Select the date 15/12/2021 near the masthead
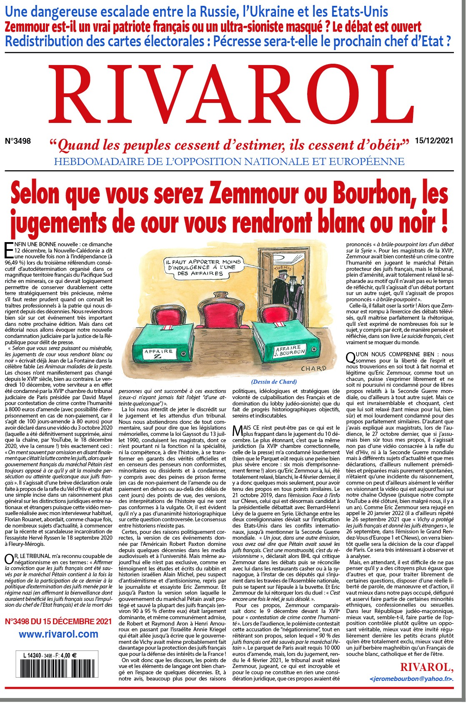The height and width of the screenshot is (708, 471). (x=434, y=141)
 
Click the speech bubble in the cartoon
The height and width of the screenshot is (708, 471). (x=200, y=267)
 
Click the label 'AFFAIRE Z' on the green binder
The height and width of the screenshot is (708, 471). (x=158, y=353)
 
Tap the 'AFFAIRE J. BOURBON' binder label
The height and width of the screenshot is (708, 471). (x=290, y=350)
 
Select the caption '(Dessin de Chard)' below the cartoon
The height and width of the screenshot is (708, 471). (x=274, y=382)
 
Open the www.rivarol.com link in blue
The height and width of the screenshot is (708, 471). (x=58, y=634)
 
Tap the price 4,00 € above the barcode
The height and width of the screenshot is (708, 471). (x=68, y=655)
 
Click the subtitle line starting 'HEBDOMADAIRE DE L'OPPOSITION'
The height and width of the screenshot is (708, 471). (x=229, y=161)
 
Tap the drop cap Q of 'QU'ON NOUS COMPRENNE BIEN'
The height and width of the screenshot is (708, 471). (x=351, y=358)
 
